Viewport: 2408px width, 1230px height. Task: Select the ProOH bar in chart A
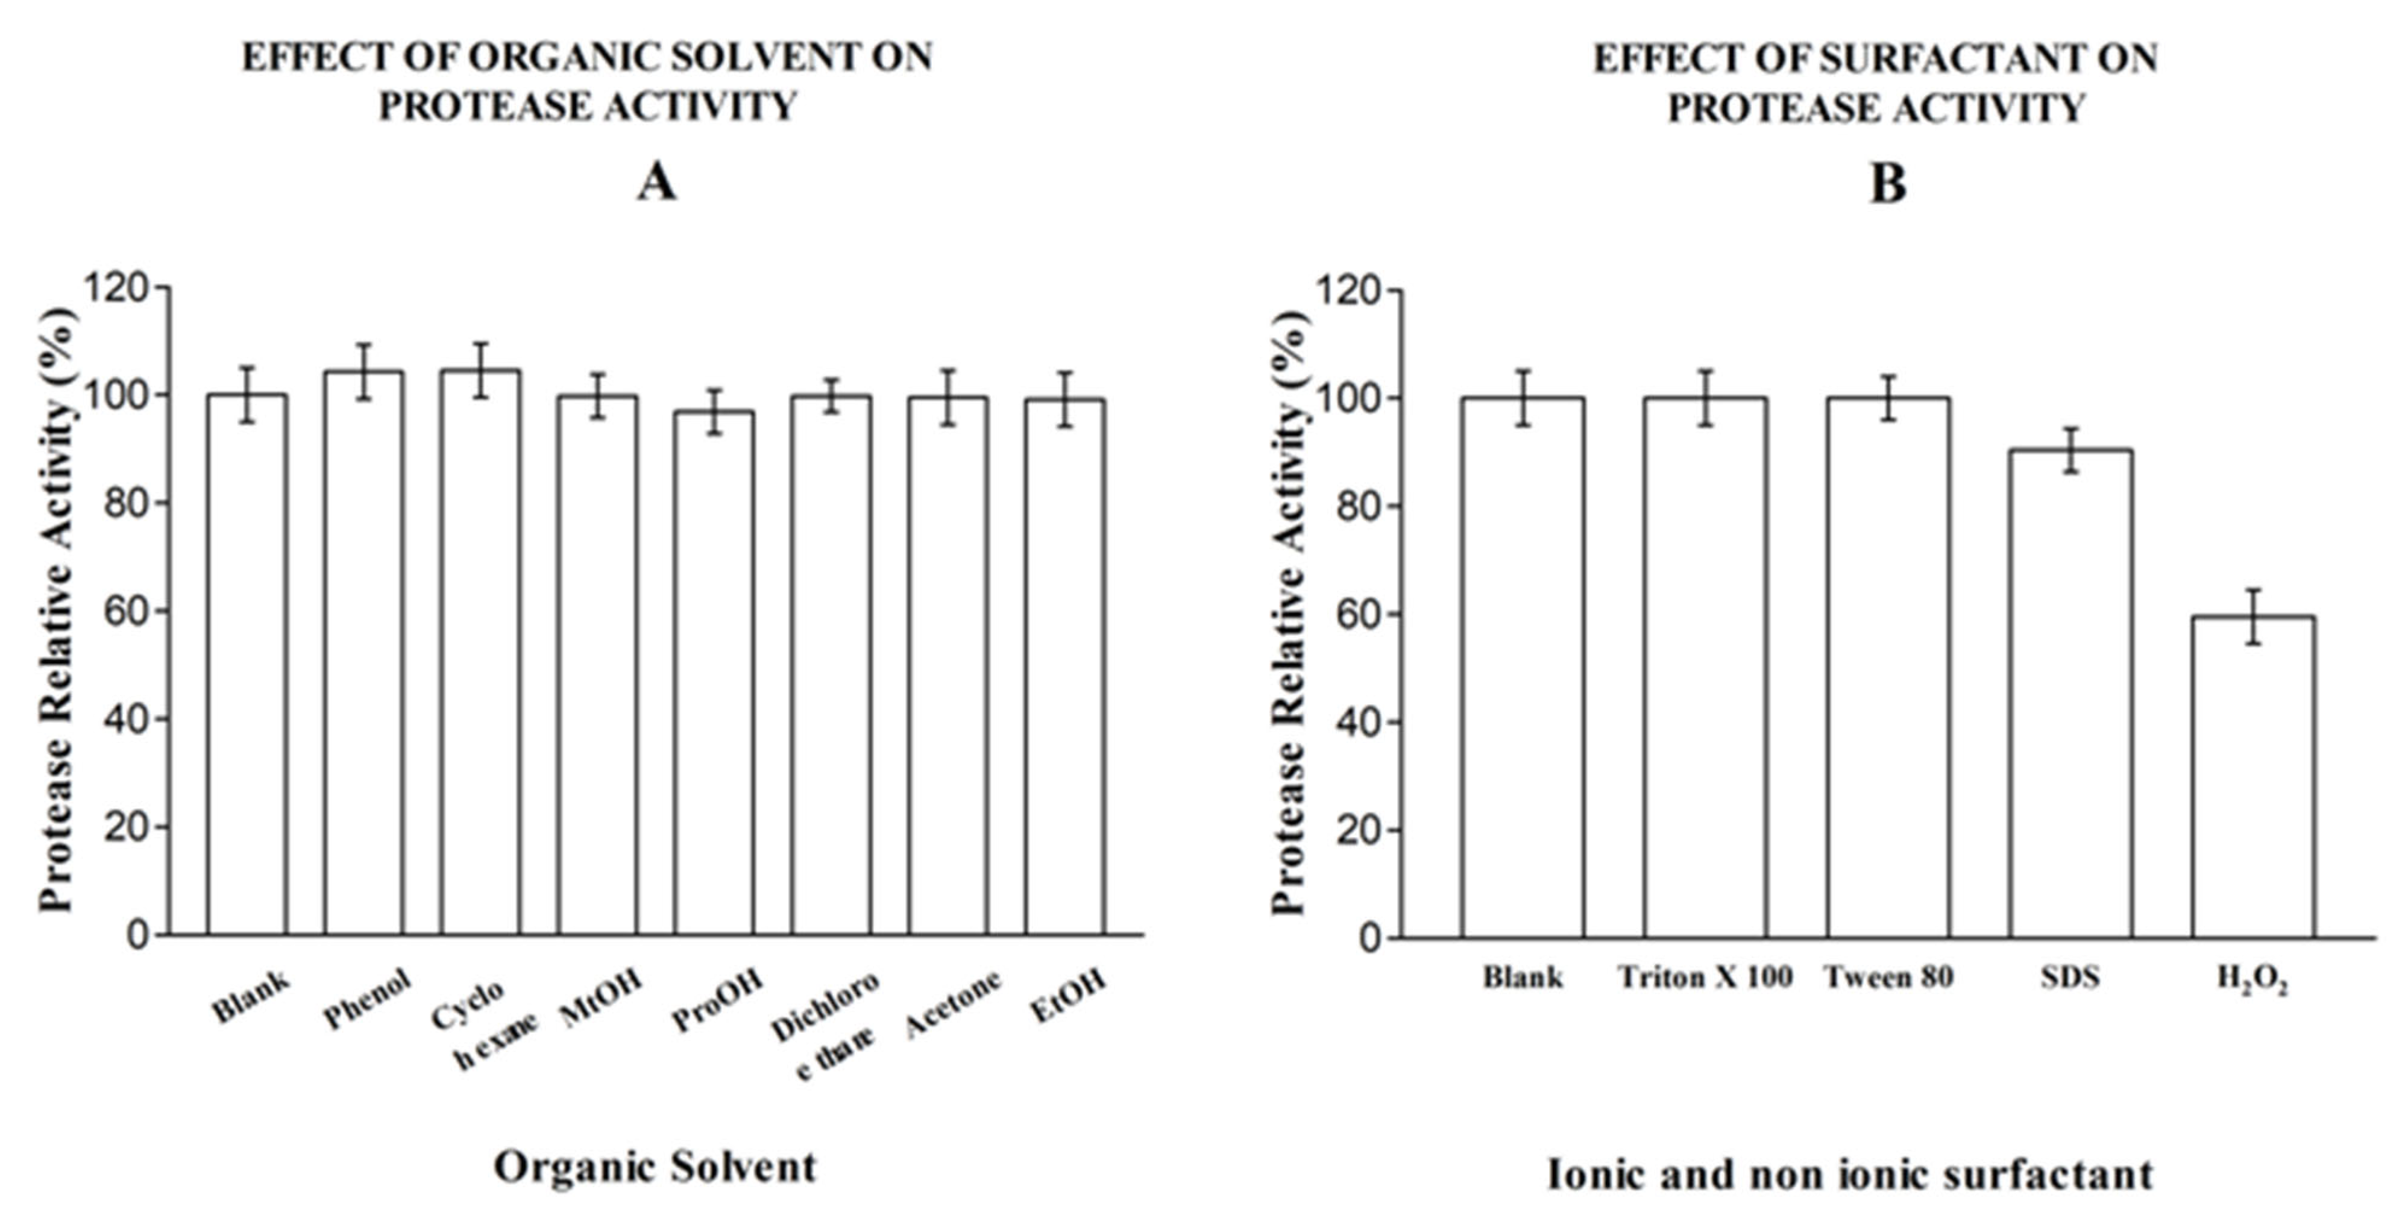click(x=714, y=673)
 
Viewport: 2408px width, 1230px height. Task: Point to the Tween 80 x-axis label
click(x=1888, y=977)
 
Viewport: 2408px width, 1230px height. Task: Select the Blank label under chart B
click(x=1523, y=977)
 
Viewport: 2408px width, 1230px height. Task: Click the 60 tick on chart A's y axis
click(x=126, y=611)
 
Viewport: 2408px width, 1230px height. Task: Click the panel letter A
click(x=656, y=182)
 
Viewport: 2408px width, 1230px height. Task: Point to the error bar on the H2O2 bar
click(x=2253, y=617)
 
